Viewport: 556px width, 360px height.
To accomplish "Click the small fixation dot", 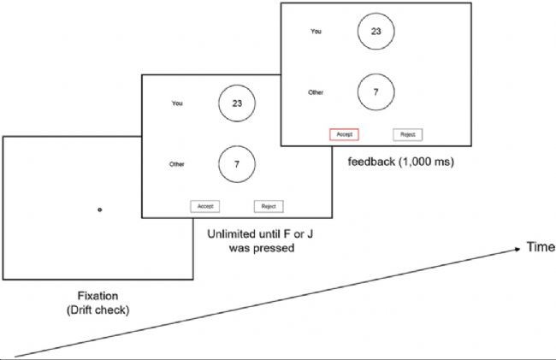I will click(x=99, y=210).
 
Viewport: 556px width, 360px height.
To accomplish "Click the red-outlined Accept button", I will click(x=344, y=134).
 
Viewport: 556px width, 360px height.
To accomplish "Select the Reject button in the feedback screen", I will click(x=408, y=134).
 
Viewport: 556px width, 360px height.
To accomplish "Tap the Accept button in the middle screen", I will click(x=205, y=206).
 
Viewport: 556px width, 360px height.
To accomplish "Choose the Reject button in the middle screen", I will click(x=269, y=206).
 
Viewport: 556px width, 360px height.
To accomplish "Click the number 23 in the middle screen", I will click(x=238, y=103).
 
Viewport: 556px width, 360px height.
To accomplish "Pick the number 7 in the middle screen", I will click(x=238, y=162).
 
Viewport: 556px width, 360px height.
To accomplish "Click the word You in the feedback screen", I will click(x=316, y=32).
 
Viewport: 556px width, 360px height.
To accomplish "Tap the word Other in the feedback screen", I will click(x=315, y=90).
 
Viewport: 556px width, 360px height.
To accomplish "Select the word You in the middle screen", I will click(x=177, y=103).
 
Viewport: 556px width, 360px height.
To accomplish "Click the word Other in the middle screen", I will click(x=177, y=162).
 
